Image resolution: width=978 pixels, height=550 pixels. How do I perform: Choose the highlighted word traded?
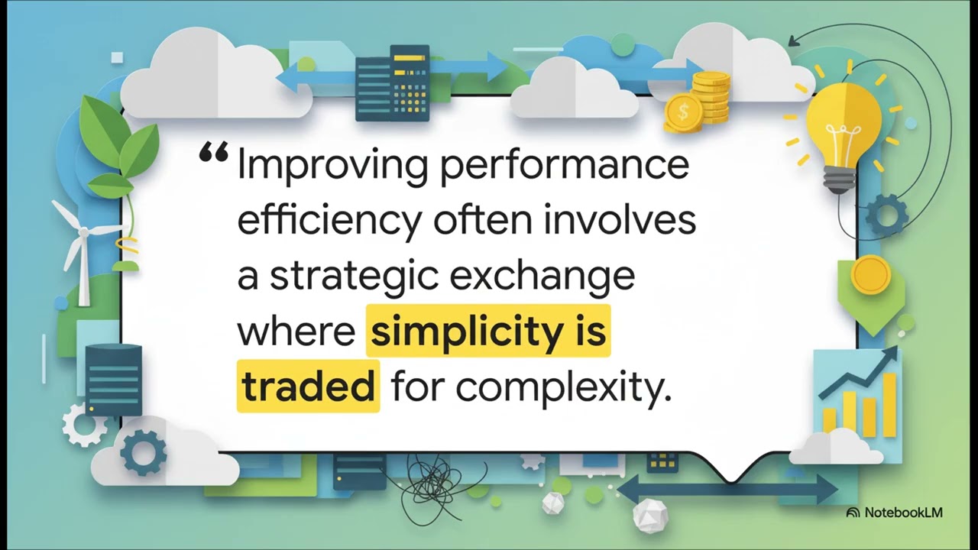click(x=308, y=387)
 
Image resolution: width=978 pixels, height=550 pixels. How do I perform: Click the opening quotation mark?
click(x=213, y=154)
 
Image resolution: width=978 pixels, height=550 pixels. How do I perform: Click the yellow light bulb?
click(x=844, y=126)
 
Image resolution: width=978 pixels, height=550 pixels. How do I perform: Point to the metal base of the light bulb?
click(x=839, y=180)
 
